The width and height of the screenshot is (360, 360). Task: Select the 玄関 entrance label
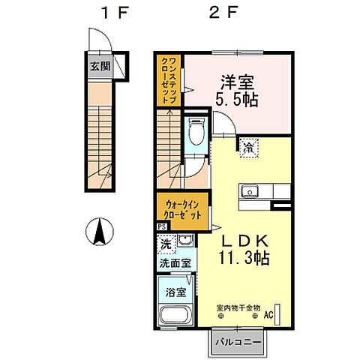pos(99,65)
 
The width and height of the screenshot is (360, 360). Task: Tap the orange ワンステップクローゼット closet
pos(168,79)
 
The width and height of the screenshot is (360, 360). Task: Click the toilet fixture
pos(196,133)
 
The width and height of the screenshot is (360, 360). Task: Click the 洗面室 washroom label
pos(174,263)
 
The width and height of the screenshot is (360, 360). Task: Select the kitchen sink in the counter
pos(250,189)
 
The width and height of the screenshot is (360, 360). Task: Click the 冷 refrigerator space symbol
pos(247,148)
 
